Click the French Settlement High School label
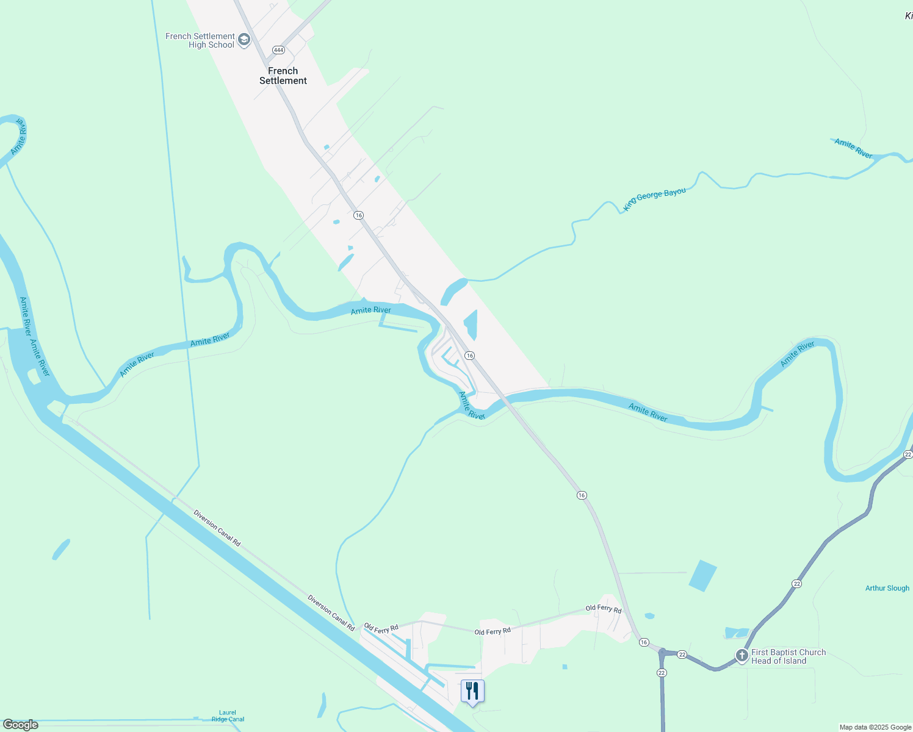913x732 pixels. [200, 41]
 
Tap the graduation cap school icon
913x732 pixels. [244, 40]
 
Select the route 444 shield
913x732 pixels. [279, 50]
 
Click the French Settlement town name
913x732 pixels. [283, 76]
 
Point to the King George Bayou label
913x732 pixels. [654, 199]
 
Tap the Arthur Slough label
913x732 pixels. [887, 588]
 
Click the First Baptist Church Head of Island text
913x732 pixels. [788, 656]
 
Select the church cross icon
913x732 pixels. [742, 656]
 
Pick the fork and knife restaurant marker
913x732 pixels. [472, 691]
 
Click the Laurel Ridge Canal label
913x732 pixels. [228, 716]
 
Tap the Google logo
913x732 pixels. [20, 725]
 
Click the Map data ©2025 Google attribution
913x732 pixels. [875, 727]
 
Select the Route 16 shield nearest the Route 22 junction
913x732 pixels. [644, 642]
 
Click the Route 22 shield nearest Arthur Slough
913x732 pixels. [796, 584]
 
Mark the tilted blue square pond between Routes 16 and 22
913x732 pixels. [702, 575]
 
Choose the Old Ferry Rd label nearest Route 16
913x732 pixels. [603, 609]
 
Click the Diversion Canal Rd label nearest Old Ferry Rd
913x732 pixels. [331, 612]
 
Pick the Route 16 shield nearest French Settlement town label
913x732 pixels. [359, 215]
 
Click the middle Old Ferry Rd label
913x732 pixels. [492, 631]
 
